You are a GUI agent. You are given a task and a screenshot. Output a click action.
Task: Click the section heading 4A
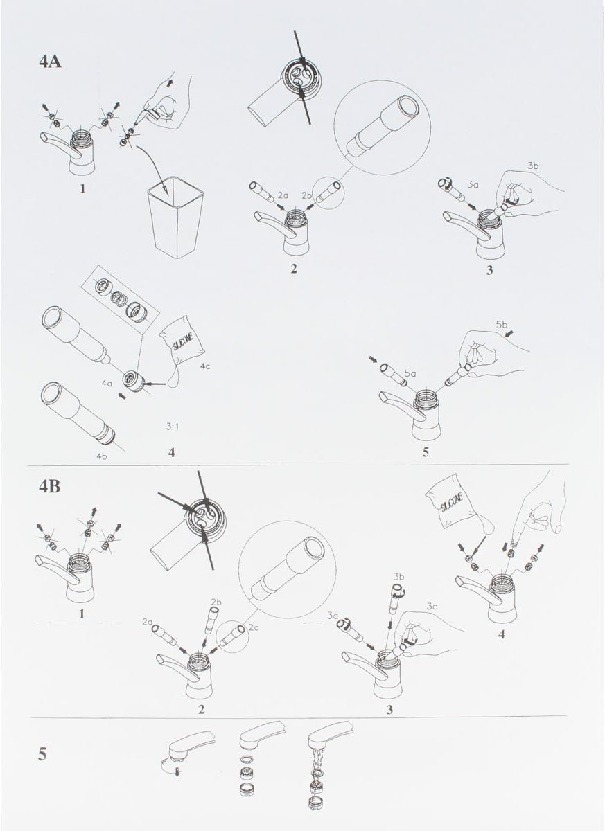(50, 62)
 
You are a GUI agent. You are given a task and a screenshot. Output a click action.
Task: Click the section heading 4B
(49, 486)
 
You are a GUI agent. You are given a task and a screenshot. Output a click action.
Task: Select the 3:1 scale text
(173, 427)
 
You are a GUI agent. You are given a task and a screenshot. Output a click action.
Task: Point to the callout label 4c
(205, 367)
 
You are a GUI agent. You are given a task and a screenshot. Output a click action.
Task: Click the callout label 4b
(101, 456)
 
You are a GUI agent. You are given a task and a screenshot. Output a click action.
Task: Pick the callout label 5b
(501, 325)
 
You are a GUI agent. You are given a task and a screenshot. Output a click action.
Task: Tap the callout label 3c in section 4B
(432, 607)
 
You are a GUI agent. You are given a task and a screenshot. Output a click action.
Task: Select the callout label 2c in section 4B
(253, 628)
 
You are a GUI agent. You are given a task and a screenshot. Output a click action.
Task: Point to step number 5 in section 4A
(426, 452)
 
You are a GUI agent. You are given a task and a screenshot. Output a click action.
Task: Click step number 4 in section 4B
(501, 634)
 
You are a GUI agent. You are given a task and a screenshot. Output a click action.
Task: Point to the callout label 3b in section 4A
(533, 166)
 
